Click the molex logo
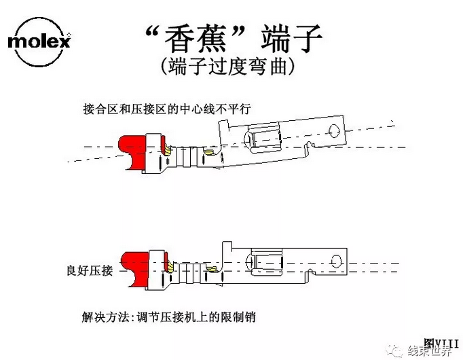[x=39, y=41]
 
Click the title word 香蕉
[x=196, y=39]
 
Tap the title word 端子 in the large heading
[x=291, y=39]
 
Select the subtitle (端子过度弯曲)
[x=228, y=67]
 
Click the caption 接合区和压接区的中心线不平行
[x=167, y=109]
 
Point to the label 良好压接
[x=90, y=270]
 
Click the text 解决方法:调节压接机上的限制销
[x=168, y=317]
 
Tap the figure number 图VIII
[x=441, y=344]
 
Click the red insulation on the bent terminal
[x=133, y=153]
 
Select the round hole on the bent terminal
[x=335, y=131]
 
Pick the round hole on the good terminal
[x=336, y=262]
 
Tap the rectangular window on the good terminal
[x=267, y=262]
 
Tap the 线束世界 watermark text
[x=430, y=351]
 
